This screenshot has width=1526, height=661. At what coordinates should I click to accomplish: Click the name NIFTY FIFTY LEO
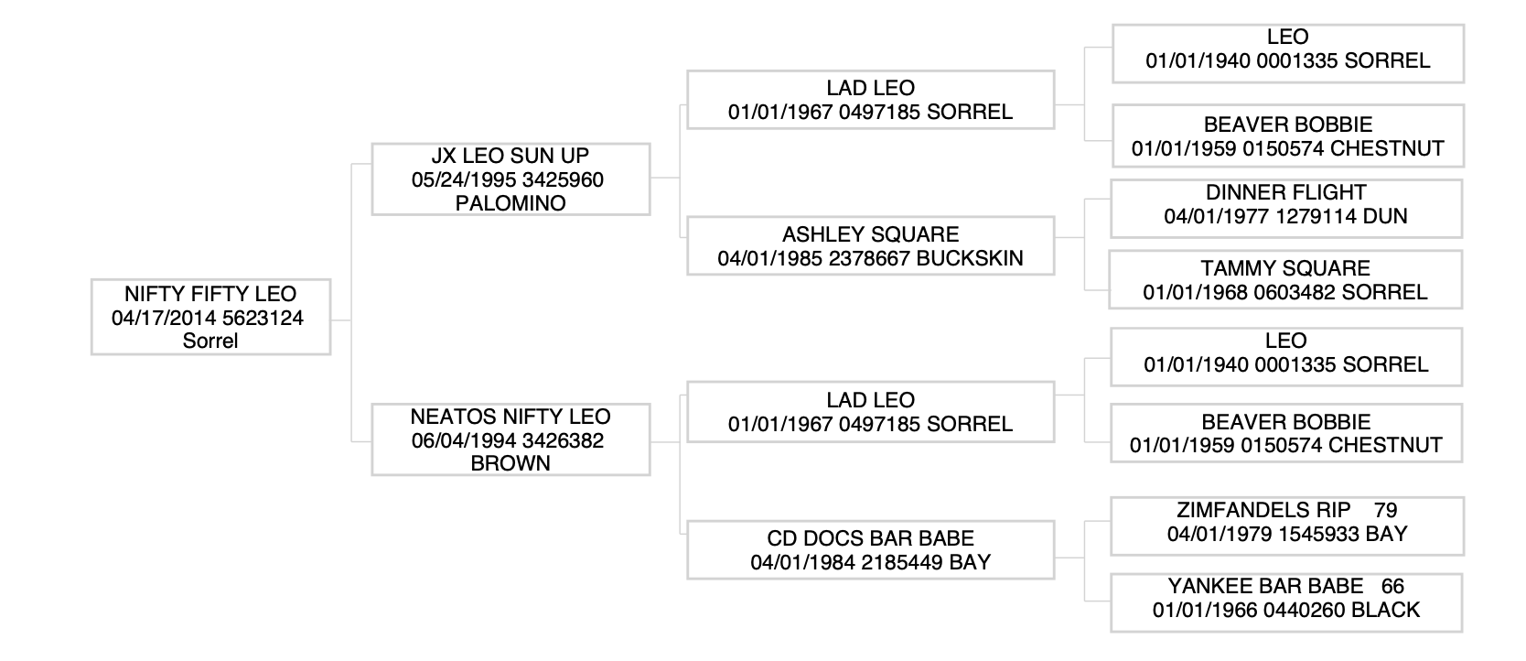(210, 294)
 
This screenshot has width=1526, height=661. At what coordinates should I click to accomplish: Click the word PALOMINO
(510, 203)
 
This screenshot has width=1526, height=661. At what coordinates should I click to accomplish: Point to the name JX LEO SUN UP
(510, 156)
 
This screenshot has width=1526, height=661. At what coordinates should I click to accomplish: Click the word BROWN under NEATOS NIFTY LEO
(510, 463)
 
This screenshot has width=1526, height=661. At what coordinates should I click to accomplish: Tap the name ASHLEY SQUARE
(871, 234)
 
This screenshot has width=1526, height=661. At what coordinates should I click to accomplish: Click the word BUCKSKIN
(970, 258)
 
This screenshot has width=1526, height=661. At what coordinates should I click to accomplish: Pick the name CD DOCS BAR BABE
(871, 538)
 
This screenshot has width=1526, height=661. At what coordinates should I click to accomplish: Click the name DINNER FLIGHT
(1286, 192)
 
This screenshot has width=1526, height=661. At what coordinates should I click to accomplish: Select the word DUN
(1385, 216)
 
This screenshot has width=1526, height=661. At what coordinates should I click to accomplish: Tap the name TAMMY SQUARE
(1285, 268)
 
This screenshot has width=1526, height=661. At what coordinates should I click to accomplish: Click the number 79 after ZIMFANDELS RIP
(1386, 510)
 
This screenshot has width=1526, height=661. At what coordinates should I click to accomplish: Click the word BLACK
(1386, 609)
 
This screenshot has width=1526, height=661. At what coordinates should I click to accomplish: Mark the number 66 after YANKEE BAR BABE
(1393, 586)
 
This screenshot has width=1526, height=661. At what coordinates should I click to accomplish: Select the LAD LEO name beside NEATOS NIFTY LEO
(871, 400)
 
